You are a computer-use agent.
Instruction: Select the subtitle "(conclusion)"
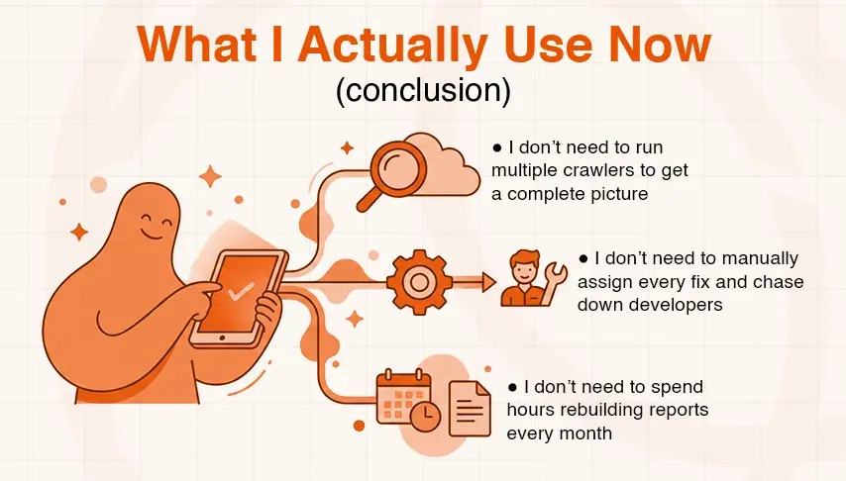tap(423, 91)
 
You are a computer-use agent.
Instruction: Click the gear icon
tap(417, 282)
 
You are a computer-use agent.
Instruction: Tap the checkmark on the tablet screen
tap(239, 292)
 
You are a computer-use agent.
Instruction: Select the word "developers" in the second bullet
tap(676, 305)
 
